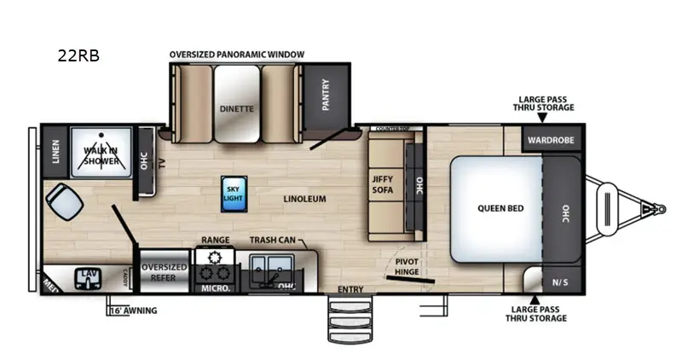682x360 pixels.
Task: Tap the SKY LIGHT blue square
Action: tap(233, 191)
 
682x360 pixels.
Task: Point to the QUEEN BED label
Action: tap(500, 208)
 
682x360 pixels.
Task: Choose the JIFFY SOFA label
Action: tap(383, 184)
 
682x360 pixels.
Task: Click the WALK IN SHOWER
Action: tap(101, 154)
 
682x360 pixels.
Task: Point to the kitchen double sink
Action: tap(271, 267)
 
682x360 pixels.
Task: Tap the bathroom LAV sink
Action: tap(88, 277)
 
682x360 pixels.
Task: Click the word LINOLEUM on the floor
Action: tap(305, 199)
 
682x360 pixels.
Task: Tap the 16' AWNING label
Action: tap(133, 311)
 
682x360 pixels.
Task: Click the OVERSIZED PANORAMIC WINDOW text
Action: tap(236, 55)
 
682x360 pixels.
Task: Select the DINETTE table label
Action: tap(237, 108)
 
